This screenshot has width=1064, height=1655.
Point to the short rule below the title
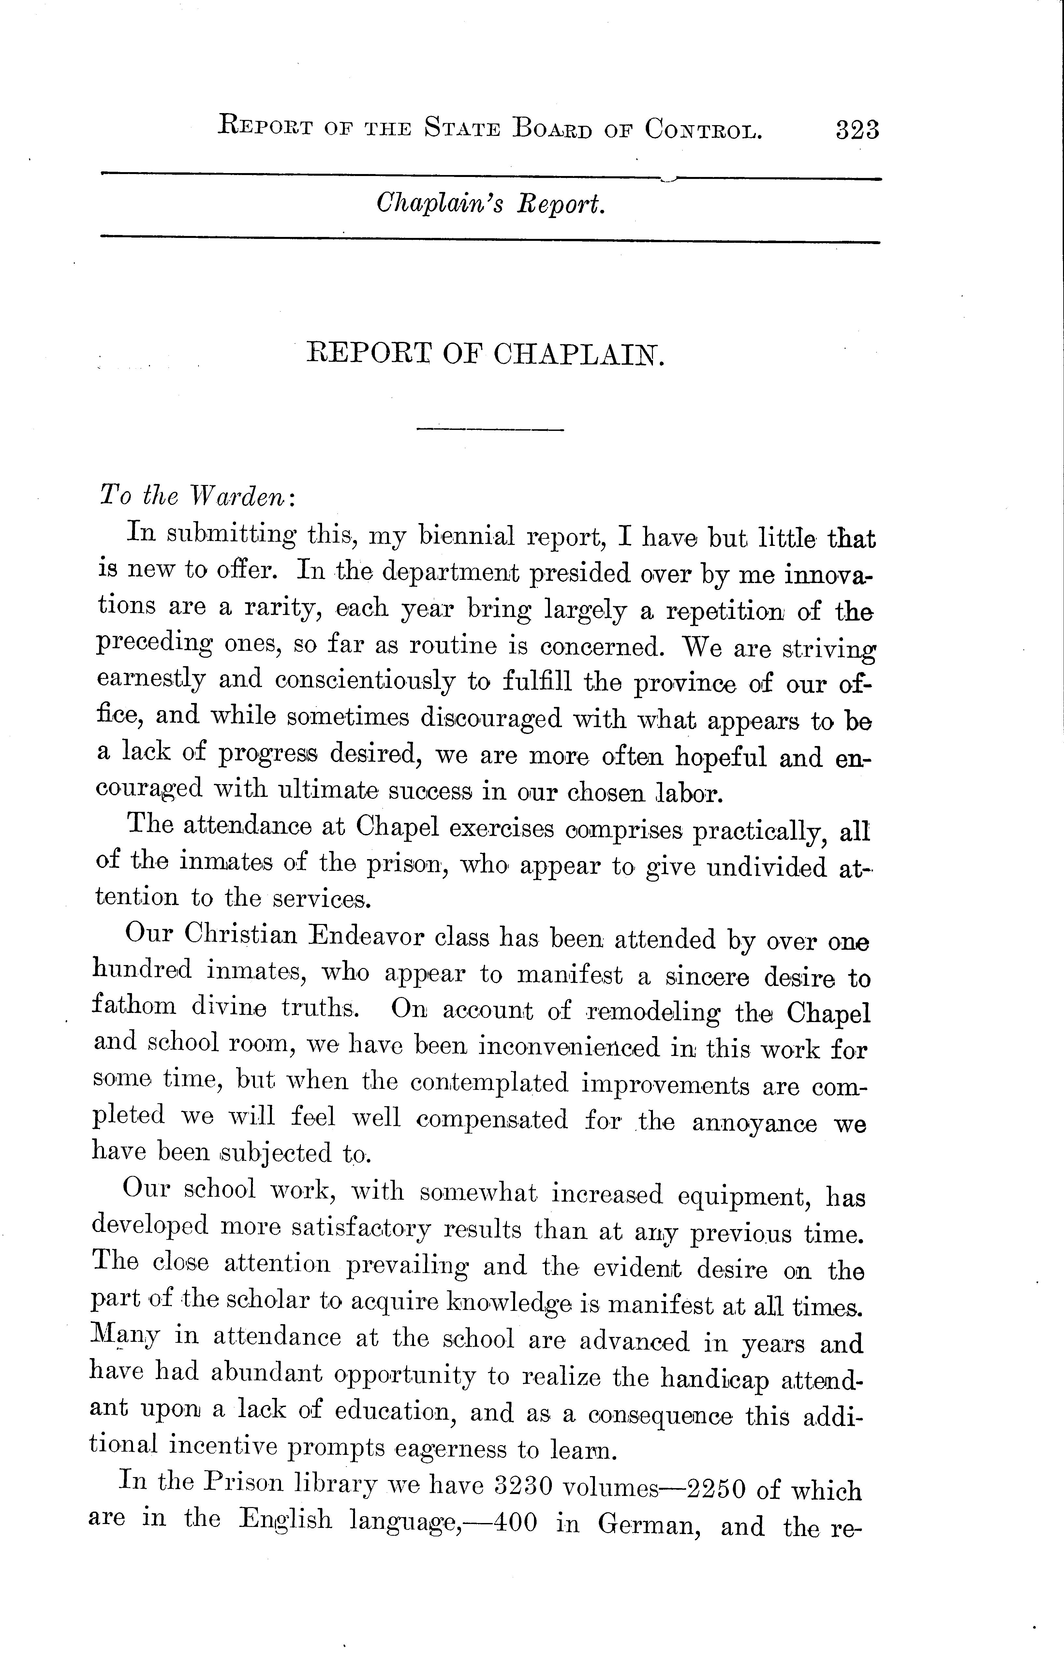491,430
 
